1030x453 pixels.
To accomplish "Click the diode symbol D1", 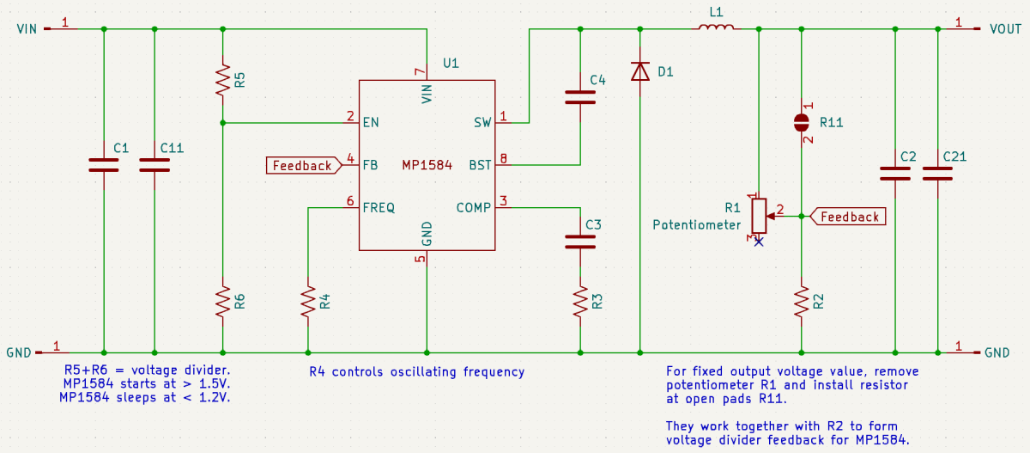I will tap(639, 71).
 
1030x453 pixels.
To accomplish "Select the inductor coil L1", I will tap(715, 28).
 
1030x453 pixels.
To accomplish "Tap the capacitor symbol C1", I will tap(104, 164).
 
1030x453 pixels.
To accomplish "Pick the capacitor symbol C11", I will tap(154, 164).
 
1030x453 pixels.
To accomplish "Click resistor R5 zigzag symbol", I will tap(222, 78).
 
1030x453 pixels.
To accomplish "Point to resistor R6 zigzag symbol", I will tap(222, 303).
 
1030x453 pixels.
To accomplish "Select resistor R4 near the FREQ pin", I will tap(307, 303).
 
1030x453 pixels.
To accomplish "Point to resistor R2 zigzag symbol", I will tap(801, 303).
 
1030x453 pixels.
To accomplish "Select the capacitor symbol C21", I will tap(936, 173).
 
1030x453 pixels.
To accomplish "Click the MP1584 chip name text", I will tap(427, 165).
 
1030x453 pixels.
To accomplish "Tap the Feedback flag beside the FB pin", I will tap(302, 165).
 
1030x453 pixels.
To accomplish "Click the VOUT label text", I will tap(1005, 29).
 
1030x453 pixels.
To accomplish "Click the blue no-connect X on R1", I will tap(759, 242).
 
